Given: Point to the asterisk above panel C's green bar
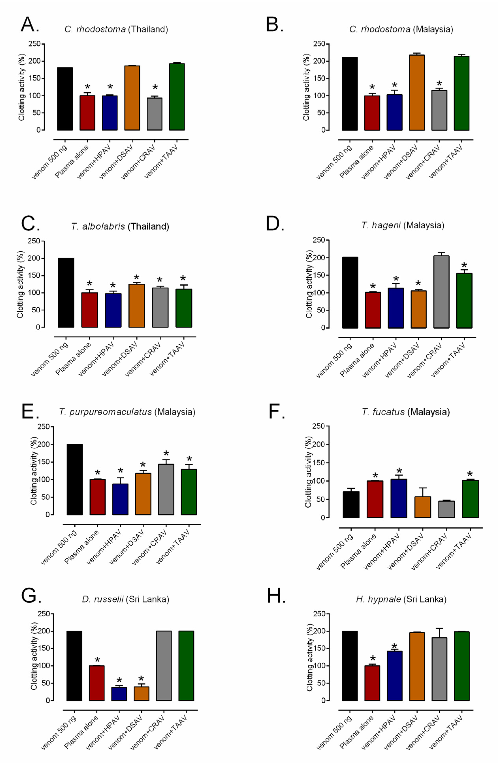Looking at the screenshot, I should coord(183,278).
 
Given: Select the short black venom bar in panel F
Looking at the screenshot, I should coord(351,504).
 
